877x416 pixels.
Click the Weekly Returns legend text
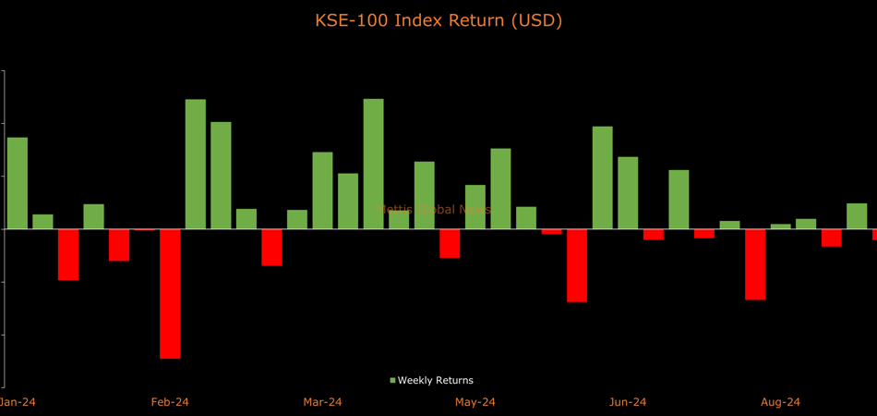pos(435,380)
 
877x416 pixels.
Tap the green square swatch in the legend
pos(392,381)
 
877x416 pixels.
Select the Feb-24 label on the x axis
pos(170,402)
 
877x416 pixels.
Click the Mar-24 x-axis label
pos(322,402)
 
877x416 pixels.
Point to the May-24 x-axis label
pos(475,402)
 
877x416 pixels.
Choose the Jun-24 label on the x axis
pos(627,402)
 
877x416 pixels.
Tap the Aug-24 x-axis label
pos(780,402)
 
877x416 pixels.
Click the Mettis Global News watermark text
pos(436,210)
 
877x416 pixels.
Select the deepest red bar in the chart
pos(170,293)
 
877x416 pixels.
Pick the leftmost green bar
pos(18,183)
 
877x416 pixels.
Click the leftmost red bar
pos(68,254)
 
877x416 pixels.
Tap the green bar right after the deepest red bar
pos(196,164)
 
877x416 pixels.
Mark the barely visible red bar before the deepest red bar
pos(144,229)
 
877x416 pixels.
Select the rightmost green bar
pos(857,216)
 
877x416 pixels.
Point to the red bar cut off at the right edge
pos(874,234)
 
